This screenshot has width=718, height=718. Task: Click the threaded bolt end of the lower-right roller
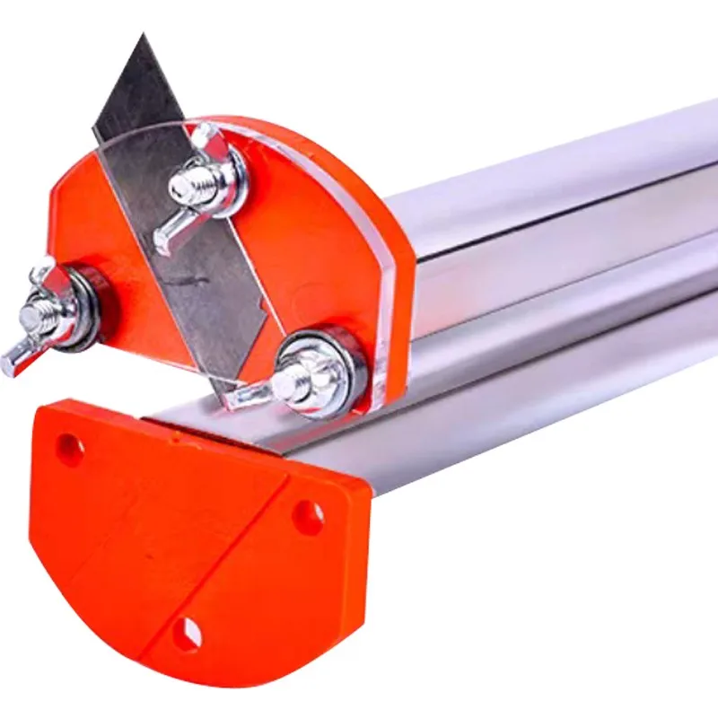click(289, 384)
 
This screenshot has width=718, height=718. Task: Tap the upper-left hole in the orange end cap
click(70, 446)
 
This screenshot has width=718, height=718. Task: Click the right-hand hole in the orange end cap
click(309, 515)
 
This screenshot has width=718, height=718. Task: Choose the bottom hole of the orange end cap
click(188, 634)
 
